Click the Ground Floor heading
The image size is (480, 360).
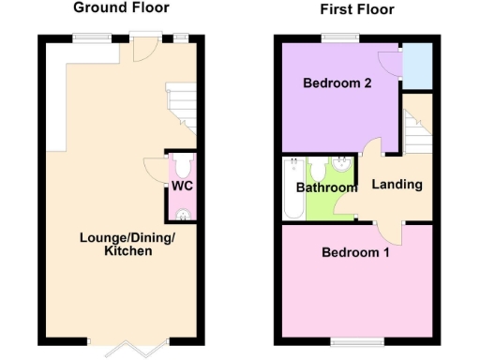click(122, 7)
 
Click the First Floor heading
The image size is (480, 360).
click(357, 10)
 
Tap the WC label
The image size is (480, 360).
click(181, 186)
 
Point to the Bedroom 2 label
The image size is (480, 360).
click(337, 83)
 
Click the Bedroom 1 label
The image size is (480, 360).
click(356, 252)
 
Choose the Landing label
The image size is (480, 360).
click(397, 185)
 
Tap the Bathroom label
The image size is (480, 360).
click(326, 187)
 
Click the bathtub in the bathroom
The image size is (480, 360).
click(292, 187)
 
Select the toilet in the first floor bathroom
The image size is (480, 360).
click(318, 169)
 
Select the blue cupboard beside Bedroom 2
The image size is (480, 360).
click(417, 66)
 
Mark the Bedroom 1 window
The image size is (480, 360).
click(355, 340)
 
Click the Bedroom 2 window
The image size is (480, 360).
click(335, 37)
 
